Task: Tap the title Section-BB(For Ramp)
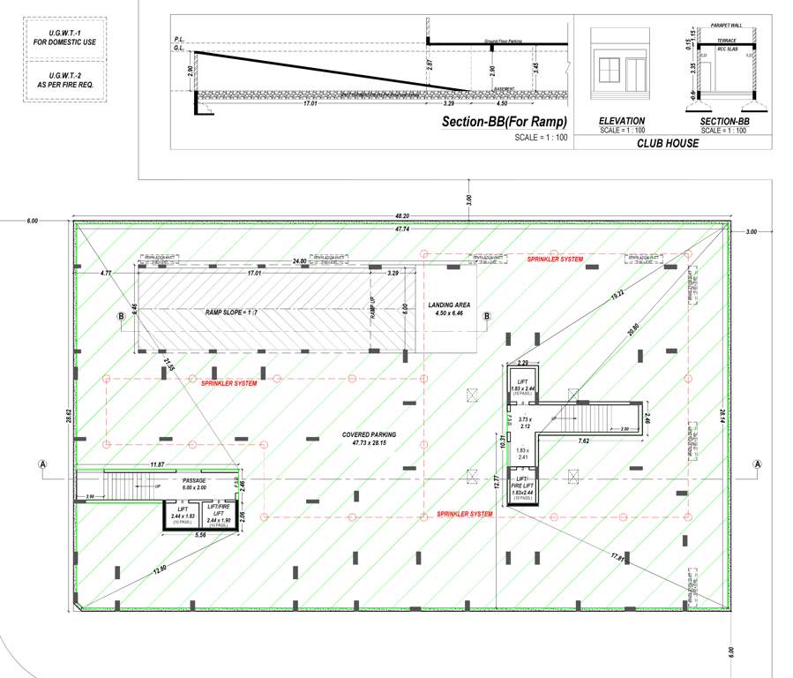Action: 504,122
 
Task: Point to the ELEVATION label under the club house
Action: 621,121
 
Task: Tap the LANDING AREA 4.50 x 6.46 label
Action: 451,309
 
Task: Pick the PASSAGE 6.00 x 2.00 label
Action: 193,485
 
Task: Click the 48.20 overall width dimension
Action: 402,215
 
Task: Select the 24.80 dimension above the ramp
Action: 300,261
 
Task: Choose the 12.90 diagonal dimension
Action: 159,571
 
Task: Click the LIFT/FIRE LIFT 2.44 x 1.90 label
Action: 218,513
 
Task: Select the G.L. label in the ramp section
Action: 178,49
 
